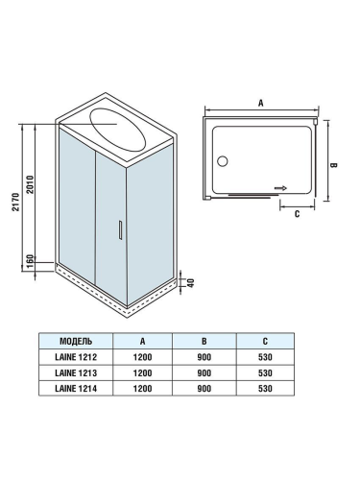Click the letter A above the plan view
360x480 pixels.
[260, 100]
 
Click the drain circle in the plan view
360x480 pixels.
[223, 163]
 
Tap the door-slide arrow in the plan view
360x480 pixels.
[280, 189]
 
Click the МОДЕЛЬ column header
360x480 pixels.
[76, 341]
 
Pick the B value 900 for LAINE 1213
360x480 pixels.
[204, 372]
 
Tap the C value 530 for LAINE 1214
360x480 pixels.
[265, 388]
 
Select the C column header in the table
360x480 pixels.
[265, 341]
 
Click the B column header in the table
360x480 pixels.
[204, 341]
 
